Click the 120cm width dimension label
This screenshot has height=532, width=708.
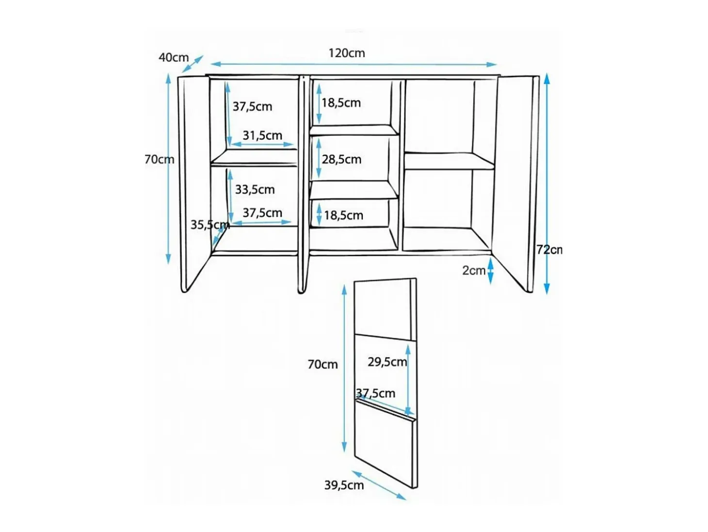(x=346, y=53)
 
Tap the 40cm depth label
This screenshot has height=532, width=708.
(x=174, y=57)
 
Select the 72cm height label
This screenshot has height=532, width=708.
(x=549, y=249)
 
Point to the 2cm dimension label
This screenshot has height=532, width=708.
(x=473, y=270)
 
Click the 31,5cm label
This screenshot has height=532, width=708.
(x=262, y=135)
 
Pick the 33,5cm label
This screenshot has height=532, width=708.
(x=255, y=189)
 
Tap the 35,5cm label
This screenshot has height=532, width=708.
(x=210, y=225)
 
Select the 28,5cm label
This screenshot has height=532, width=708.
(x=341, y=159)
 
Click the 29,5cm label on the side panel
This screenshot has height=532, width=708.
(x=387, y=362)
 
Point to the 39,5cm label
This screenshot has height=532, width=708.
(x=344, y=485)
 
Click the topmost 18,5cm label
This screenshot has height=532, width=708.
(x=341, y=102)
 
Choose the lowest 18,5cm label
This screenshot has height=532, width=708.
(x=343, y=215)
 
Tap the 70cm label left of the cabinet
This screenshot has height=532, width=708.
(x=160, y=159)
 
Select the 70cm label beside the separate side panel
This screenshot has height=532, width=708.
(x=322, y=365)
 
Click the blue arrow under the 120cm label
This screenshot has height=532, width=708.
(x=354, y=64)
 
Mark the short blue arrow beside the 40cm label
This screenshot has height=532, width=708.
(x=193, y=64)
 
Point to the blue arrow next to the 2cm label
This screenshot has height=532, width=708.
(x=490, y=270)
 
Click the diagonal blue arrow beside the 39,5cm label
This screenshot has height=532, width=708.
(x=379, y=485)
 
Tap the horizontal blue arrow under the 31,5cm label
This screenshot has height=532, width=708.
(x=262, y=144)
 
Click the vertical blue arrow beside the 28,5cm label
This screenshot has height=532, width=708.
(x=319, y=158)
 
